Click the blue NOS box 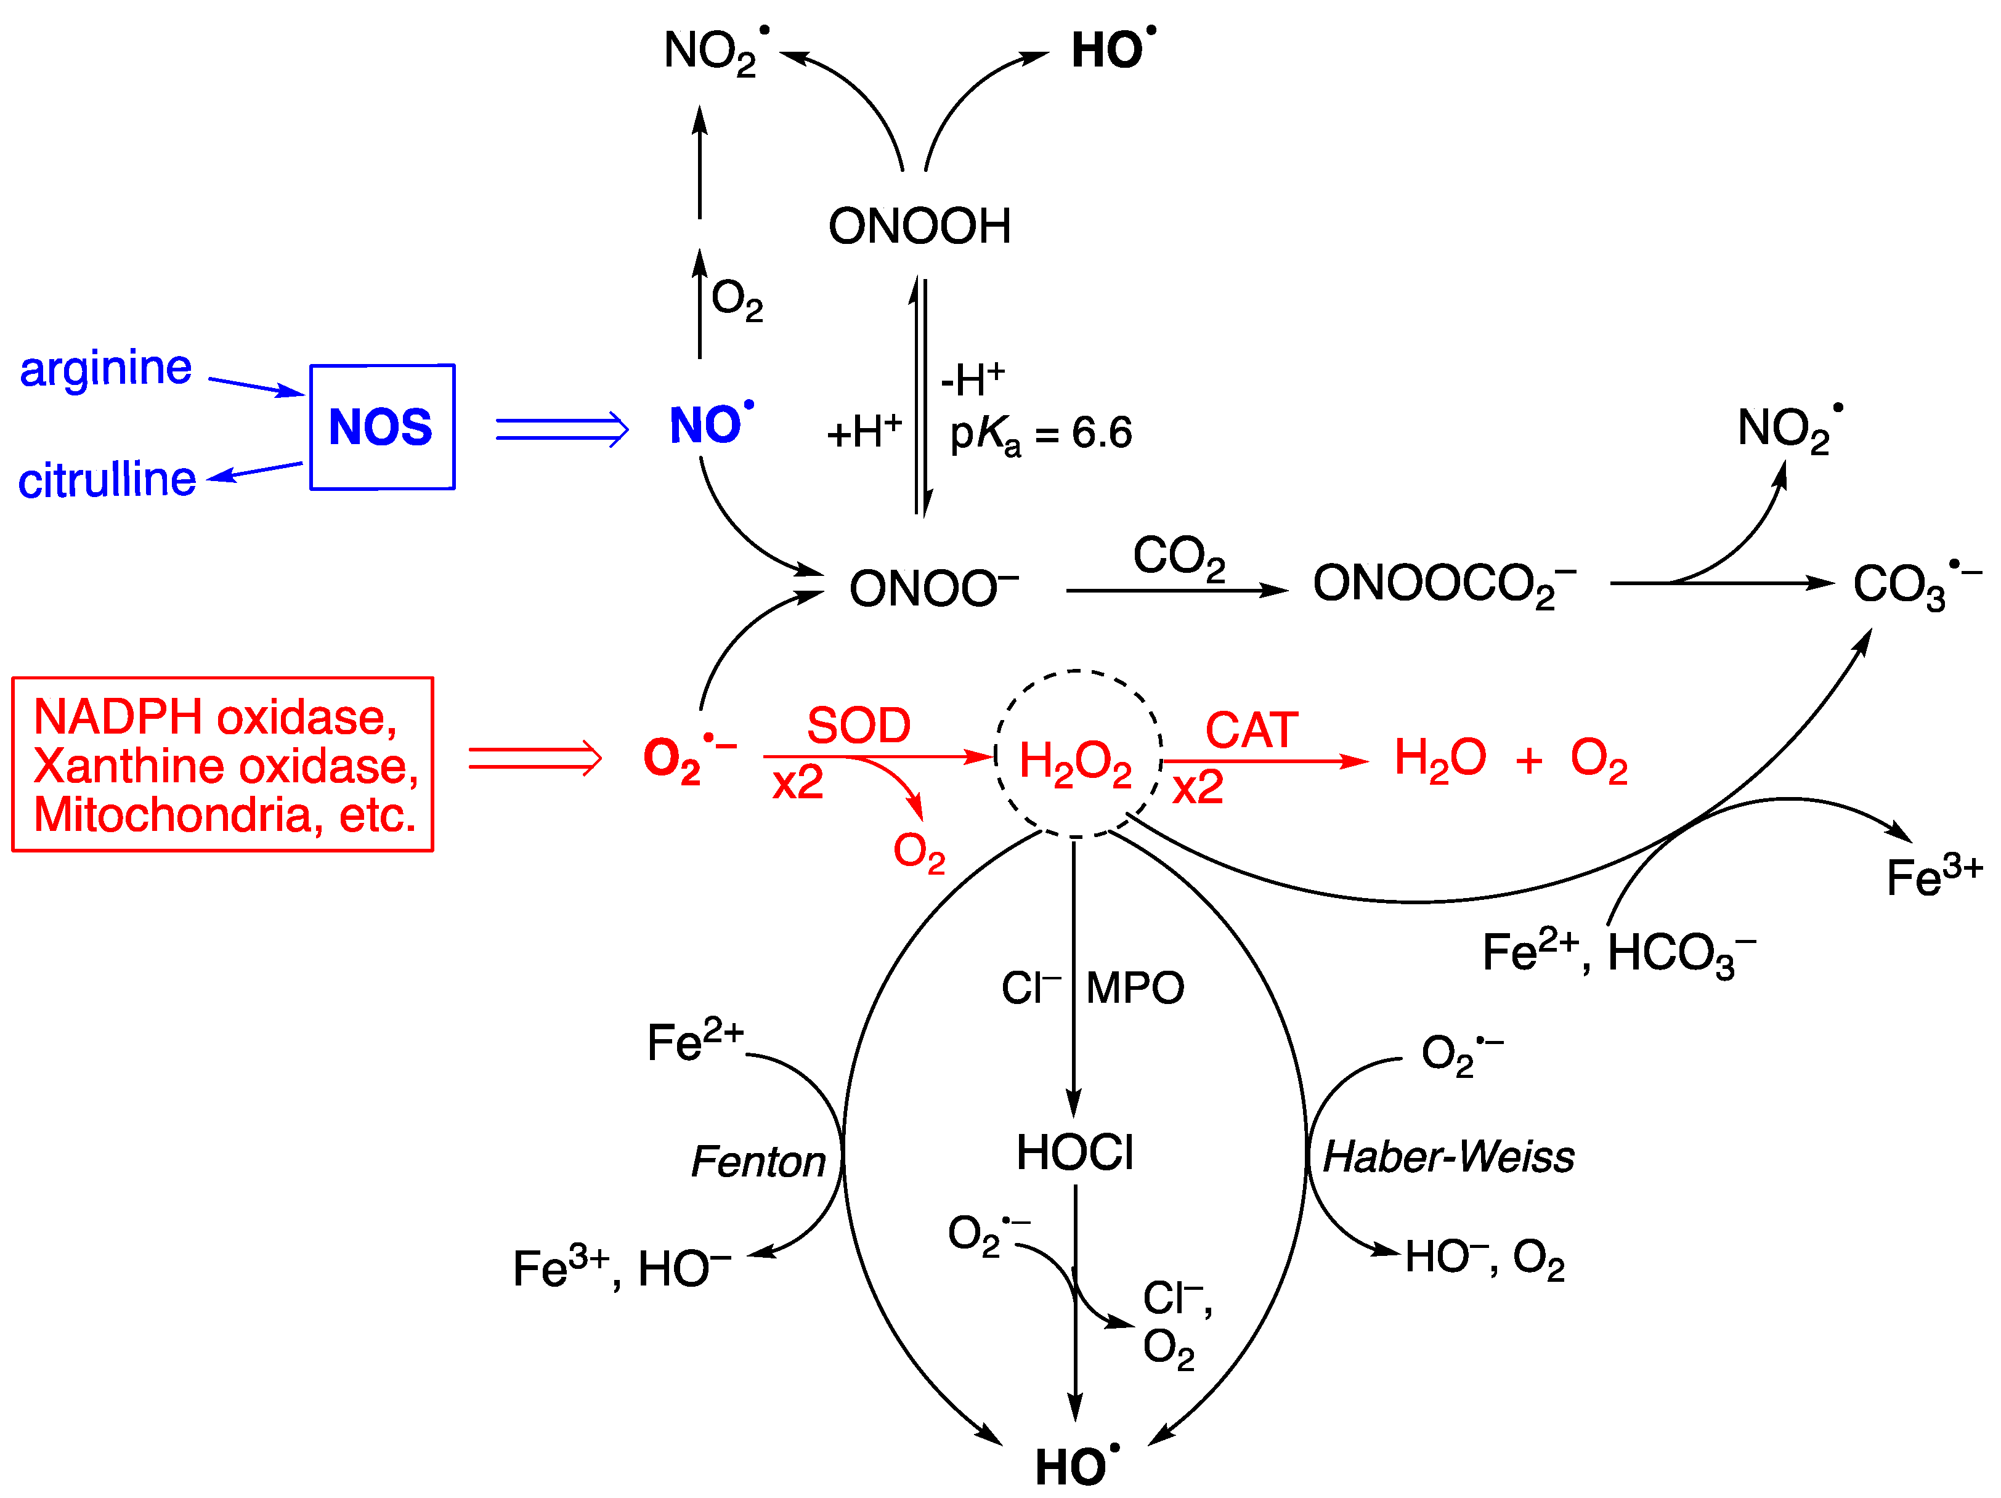(382, 427)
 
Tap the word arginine (106, 369)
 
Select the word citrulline (107, 479)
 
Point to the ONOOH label (919, 226)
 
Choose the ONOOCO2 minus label (1443, 585)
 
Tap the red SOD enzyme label (858, 726)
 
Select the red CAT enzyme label (1251, 730)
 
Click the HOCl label (1074, 1153)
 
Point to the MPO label (1134, 988)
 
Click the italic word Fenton (758, 1162)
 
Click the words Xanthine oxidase (226, 766)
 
